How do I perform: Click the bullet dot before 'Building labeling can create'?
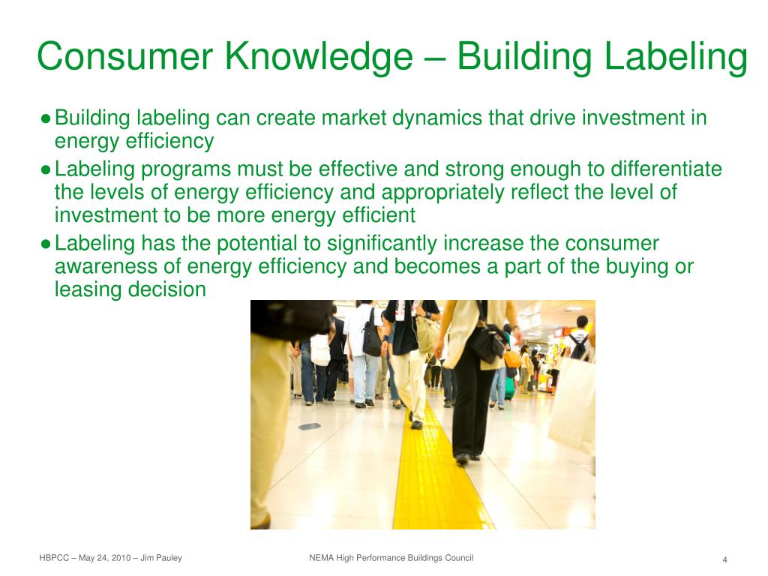click(46, 118)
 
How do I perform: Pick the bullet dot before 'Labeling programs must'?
click(46, 170)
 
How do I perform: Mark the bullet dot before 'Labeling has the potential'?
click(46, 244)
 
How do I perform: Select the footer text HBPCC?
click(54, 558)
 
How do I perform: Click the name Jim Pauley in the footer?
click(163, 558)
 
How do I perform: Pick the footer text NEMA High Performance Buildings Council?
click(391, 558)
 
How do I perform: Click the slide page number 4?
click(725, 559)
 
